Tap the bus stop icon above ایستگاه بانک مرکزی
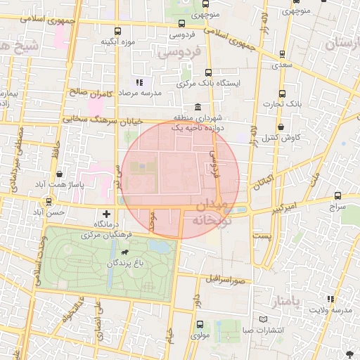pos(208,72)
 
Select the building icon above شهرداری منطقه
pos(198,107)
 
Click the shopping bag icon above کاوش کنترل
pos(281,127)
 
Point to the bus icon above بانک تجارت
pos(282,94)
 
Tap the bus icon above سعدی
pos(282,53)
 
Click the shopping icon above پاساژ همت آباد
pos(58,173)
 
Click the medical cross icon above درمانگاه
pos(106,213)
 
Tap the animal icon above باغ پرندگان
pos(124,252)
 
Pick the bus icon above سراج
pos(338,196)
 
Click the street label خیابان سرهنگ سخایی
pos(103,120)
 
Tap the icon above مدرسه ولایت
pos(331,300)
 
